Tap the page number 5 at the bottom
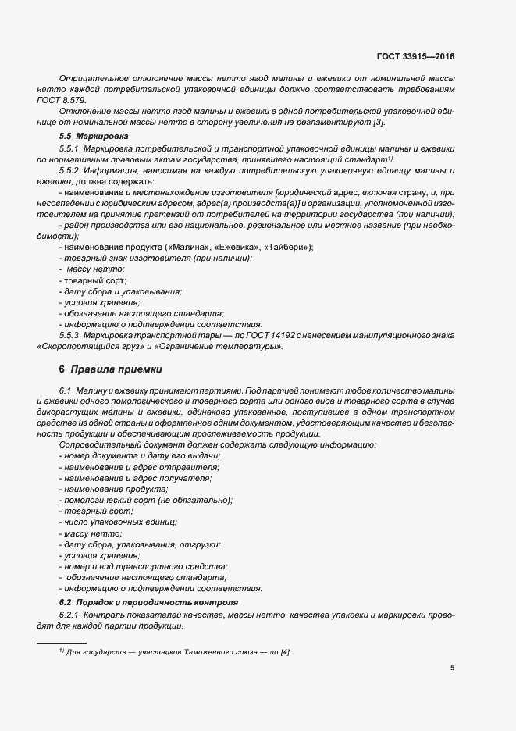coord(453,668)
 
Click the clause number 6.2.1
coord(71,615)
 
